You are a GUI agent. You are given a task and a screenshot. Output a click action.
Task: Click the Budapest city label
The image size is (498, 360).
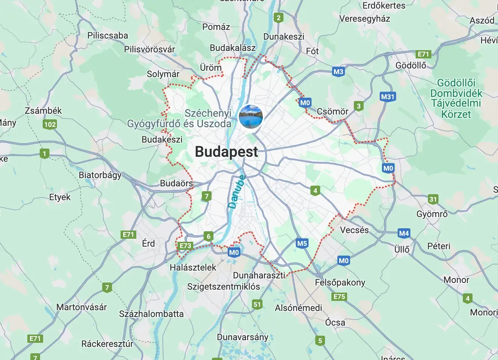pyautogui.click(x=227, y=152)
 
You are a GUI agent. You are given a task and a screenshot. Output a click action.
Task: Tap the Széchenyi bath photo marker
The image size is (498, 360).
pyautogui.click(x=251, y=116)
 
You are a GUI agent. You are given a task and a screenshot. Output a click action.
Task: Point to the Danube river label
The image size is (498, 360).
pyautogui.click(x=237, y=192)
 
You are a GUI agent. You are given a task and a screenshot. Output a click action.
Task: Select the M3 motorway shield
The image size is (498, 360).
pyautogui.click(x=338, y=72)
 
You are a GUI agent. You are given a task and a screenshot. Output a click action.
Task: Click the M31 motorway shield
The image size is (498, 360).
pyautogui.click(x=388, y=97)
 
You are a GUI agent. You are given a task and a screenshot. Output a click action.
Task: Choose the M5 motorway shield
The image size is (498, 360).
pyautogui.click(x=302, y=244)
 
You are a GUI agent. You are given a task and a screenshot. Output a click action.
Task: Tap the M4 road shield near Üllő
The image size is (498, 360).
pyautogui.click(x=404, y=234)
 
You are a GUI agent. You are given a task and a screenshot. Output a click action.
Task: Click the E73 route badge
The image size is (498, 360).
pyautogui.click(x=185, y=246)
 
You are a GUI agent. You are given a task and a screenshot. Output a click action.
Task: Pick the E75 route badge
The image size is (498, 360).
pyautogui.click(x=339, y=297)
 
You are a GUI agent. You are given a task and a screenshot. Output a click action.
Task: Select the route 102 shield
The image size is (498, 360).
pyautogui.click(x=50, y=124)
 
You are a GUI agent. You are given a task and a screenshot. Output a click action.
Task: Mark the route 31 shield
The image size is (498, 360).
pyautogui.click(x=433, y=199)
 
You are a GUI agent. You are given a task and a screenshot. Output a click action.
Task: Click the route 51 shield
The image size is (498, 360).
pyautogui.click(x=257, y=304)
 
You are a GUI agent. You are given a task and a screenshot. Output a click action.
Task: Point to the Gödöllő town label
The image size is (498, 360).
pyautogui.click(x=411, y=65)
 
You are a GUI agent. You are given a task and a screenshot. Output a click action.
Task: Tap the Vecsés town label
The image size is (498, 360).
pyautogui.click(x=354, y=230)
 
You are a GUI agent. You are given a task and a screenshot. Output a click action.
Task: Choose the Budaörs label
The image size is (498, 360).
pyautogui.click(x=176, y=183)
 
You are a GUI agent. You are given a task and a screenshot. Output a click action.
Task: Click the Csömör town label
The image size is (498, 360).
pyautogui.click(x=332, y=112)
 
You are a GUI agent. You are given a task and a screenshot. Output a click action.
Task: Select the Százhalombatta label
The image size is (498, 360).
pyautogui.click(x=151, y=314)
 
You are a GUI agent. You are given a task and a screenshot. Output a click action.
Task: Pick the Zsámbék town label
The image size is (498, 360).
pyautogui.click(x=43, y=111)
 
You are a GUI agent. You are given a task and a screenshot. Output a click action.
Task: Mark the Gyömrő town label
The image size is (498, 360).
pyautogui.click(x=432, y=214)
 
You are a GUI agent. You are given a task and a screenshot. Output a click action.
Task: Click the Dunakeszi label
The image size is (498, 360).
pyautogui.click(x=283, y=37)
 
